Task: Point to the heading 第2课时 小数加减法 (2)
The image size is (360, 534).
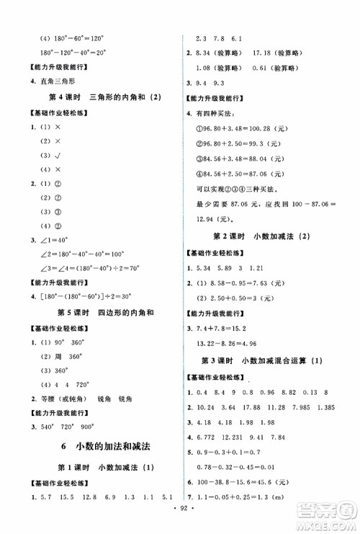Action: [x=263, y=257]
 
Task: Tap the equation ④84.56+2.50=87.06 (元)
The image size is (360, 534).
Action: [x=243, y=175]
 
